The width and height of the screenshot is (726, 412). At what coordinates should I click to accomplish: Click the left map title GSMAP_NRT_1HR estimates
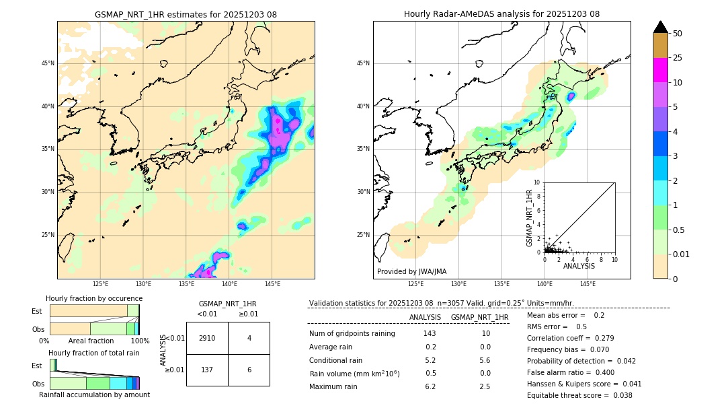pyautogui.click(x=186, y=14)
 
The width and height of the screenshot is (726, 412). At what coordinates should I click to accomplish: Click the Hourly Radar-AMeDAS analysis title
pyautogui.click(x=501, y=14)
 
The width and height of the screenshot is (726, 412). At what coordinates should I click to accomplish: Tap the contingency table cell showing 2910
pyautogui.click(x=207, y=338)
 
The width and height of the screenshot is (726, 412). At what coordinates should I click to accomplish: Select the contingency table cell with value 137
pyautogui.click(x=207, y=370)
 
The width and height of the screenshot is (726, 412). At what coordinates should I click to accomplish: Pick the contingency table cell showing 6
pyautogui.click(x=249, y=370)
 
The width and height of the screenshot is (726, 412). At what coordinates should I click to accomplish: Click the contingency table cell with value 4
pyautogui.click(x=249, y=338)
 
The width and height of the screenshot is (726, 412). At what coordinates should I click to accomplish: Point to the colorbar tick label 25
pyautogui.click(x=678, y=58)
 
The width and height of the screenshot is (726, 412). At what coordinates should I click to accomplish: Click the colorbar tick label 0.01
pyautogui.click(x=682, y=254)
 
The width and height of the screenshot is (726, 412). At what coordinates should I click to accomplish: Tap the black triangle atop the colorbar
pyautogui.click(x=661, y=27)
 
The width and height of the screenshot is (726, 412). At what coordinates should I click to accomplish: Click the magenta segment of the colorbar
pyautogui.click(x=661, y=70)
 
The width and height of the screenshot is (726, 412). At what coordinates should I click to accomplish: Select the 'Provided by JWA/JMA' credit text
pyautogui.click(x=411, y=271)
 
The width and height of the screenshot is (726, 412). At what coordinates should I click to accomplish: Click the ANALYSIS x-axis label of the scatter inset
pyautogui.click(x=579, y=266)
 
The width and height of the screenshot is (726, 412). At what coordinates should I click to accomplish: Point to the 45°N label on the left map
pyautogui.click(x=48, y=63)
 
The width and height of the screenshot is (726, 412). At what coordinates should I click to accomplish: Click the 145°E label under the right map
pyautogui.click(x=588, y=284)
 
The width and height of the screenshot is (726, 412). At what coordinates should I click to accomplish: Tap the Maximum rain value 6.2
pyautogui.click(x=430, y=386)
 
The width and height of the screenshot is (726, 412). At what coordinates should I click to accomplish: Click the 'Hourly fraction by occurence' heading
pyautogui.click(x=94, y=298)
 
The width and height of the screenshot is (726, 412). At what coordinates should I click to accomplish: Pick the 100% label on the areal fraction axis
pyautogui.click(x=140, y=341)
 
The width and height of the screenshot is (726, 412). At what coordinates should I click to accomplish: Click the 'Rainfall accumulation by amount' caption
pyautogui.click(x=94, y=394)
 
